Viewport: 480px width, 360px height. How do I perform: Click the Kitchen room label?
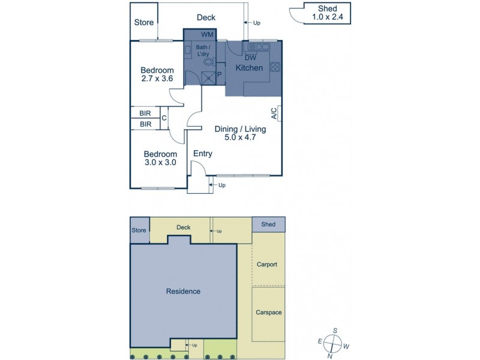point(249,68)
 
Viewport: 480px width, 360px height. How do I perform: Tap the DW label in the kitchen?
point(250,58)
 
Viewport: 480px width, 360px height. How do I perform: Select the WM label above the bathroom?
point(207,35)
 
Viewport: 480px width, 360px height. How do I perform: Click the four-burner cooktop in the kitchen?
point(275,67)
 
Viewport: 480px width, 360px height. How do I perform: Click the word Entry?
point(202,154)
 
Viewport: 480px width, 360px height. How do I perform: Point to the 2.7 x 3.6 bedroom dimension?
point(157,78)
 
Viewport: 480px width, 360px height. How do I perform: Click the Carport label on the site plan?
point(266,264)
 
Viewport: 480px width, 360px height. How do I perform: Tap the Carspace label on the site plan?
point(268,313)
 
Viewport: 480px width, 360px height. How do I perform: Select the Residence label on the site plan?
point(183,292)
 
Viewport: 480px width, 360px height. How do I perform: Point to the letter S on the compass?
point(335,331)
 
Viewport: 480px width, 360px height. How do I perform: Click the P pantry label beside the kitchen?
point(219,74)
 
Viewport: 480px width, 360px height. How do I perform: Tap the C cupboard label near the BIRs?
point(164,118)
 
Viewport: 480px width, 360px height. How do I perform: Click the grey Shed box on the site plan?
point(268,224)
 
